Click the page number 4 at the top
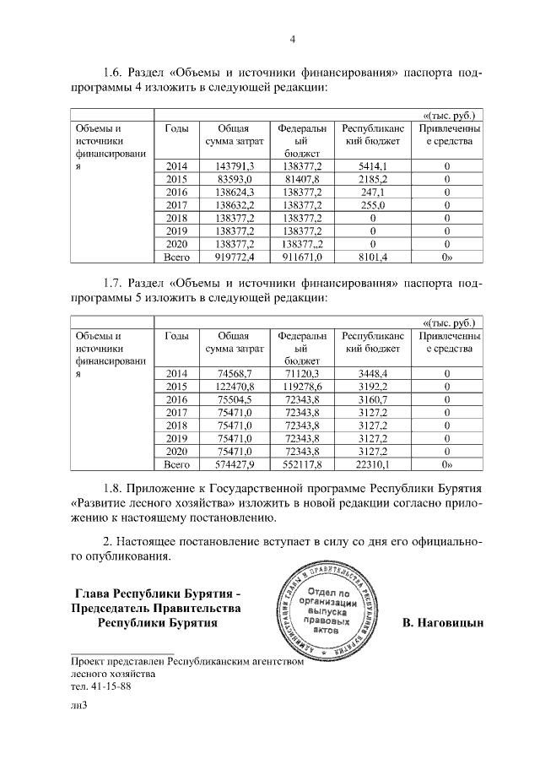(x=292, y=39)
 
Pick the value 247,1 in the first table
(x=372, y=192)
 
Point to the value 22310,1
(x=372, y=463)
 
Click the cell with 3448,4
(x=372, y=373)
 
